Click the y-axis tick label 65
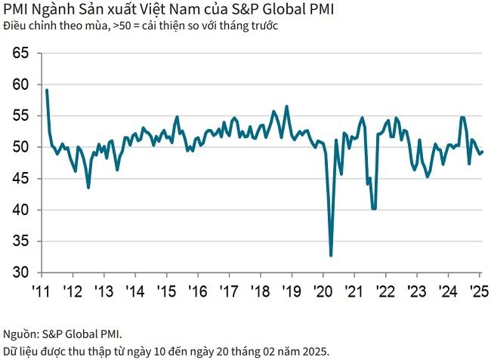(x=21, y=54)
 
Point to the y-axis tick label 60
(x=21, y=85)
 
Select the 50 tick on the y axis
(x=21, y=147)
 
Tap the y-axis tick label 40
(x=21, y=210)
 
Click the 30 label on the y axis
(x=21, y=272)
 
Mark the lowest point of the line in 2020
(x=331, y=255)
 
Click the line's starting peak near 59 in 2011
(x=47, y=91)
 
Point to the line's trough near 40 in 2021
(x=373, y=209)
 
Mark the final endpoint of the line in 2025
(x=483, y=152)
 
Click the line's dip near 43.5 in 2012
(x=88, y=187)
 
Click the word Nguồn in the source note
(x=19, y=332)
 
